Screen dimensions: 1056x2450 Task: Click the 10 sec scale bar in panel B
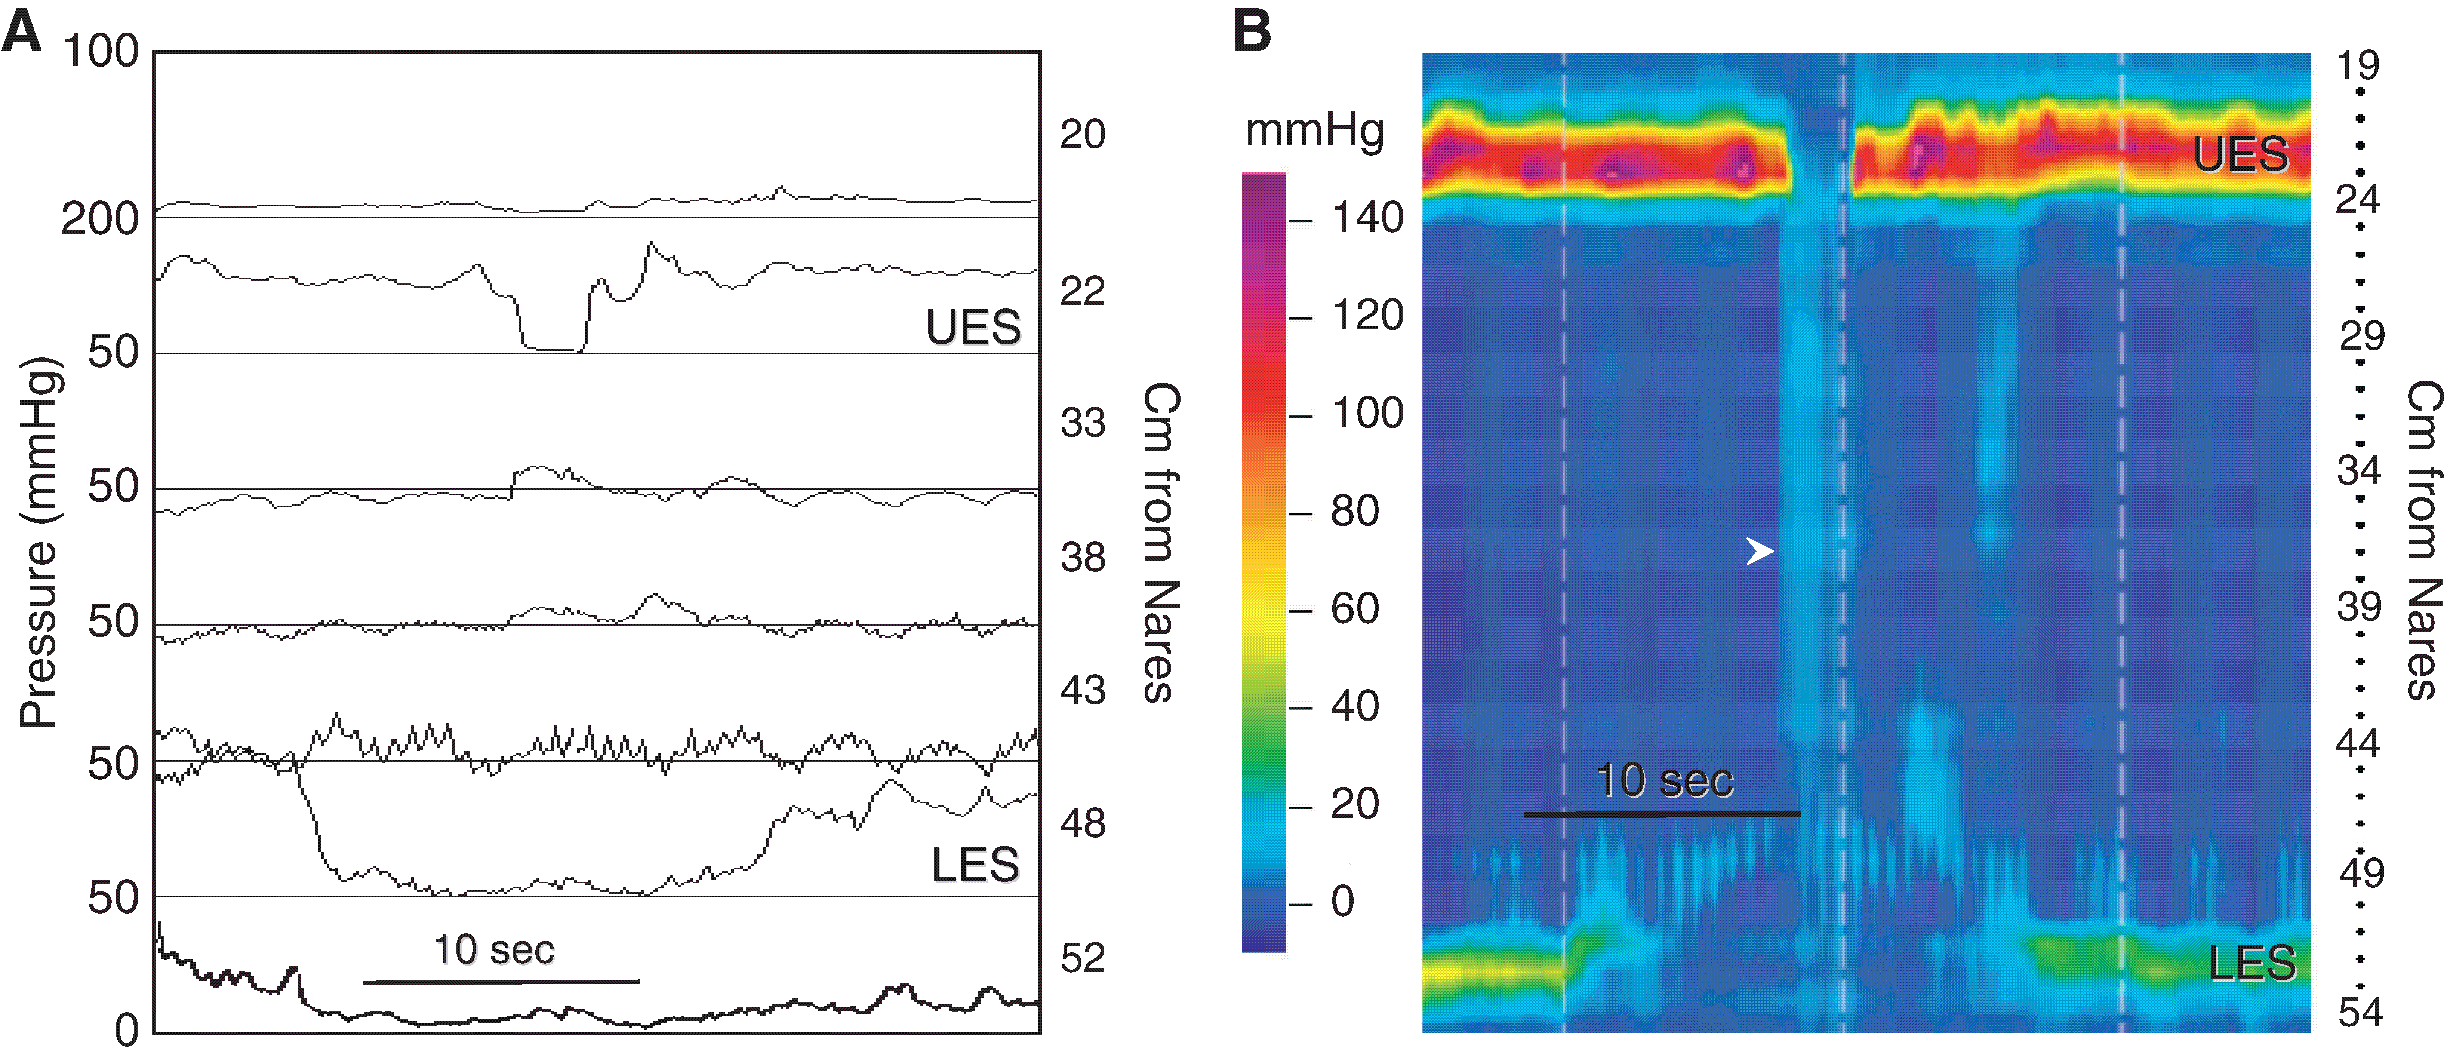coord(1662,813)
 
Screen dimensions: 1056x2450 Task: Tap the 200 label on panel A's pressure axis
coord(100,220)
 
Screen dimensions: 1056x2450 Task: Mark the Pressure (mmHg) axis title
coord(40,542)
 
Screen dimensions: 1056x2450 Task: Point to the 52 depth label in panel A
coord(1082,958)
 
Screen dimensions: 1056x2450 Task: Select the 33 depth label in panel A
coord(1082,423)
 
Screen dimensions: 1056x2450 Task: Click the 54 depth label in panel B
coord(2360,1012)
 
